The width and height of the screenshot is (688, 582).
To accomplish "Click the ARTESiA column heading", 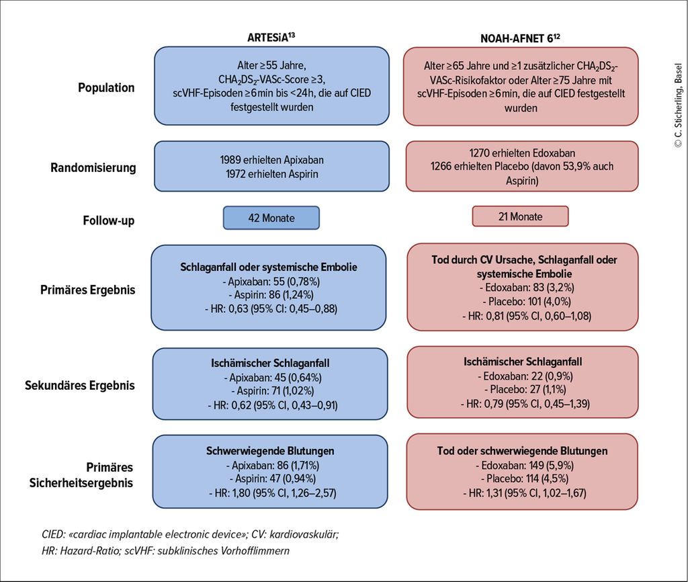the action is [271, 37].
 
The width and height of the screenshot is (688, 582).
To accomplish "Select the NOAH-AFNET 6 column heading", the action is [520, 38].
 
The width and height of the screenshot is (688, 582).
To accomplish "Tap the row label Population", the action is [106, 88].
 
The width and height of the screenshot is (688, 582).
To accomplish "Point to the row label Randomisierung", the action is [93, 167].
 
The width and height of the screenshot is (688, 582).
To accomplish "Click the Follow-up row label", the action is [108, 220].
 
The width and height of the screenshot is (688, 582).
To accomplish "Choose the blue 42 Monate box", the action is [271, 218].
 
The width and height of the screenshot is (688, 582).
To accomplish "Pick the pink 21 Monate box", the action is [521, 216].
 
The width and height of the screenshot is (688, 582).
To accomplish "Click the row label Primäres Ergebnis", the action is [88, 290].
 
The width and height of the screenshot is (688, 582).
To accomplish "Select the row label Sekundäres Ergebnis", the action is [80, 385].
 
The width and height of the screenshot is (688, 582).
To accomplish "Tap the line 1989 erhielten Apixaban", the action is [271, 160].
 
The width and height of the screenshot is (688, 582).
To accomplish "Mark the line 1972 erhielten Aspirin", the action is [272, 174].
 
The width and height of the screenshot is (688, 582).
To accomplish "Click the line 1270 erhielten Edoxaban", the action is [522, 153].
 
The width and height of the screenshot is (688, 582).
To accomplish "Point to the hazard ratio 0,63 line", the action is [271, 309].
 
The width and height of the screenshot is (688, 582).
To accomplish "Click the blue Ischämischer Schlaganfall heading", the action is [270, 364].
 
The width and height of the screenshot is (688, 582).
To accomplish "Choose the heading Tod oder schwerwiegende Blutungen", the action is [522, 451].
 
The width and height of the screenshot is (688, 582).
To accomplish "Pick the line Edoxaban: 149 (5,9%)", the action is [524, 465].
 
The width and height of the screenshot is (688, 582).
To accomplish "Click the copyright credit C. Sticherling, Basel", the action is [679, 106].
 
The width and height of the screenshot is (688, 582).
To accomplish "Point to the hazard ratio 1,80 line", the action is [273, 493].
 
